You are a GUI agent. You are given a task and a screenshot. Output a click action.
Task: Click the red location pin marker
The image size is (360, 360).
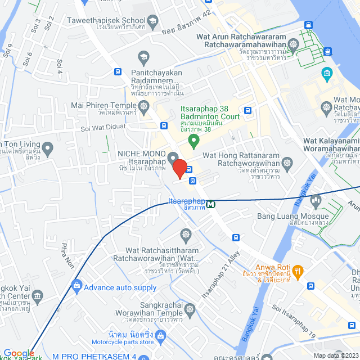179,168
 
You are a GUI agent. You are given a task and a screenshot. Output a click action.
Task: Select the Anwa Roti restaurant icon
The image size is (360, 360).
298,272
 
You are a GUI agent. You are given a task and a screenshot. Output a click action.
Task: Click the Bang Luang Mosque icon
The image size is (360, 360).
315,200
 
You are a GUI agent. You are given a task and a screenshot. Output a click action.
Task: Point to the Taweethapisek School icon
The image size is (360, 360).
152,21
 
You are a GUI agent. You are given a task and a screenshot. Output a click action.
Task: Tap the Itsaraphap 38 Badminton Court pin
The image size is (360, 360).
194,139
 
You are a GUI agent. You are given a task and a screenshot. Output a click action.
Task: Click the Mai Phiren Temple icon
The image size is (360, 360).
143,105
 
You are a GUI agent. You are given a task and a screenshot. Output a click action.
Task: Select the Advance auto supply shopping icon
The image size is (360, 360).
76,287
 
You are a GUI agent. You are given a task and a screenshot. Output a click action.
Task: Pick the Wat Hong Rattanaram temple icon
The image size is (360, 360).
287,163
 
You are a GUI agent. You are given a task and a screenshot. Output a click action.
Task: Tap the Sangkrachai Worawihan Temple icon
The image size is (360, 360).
190,309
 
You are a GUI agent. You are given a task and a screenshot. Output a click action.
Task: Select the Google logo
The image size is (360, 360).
19,353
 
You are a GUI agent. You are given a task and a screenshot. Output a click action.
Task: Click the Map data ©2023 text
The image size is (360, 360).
335,355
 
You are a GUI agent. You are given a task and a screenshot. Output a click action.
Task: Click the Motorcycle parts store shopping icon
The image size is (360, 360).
161,336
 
